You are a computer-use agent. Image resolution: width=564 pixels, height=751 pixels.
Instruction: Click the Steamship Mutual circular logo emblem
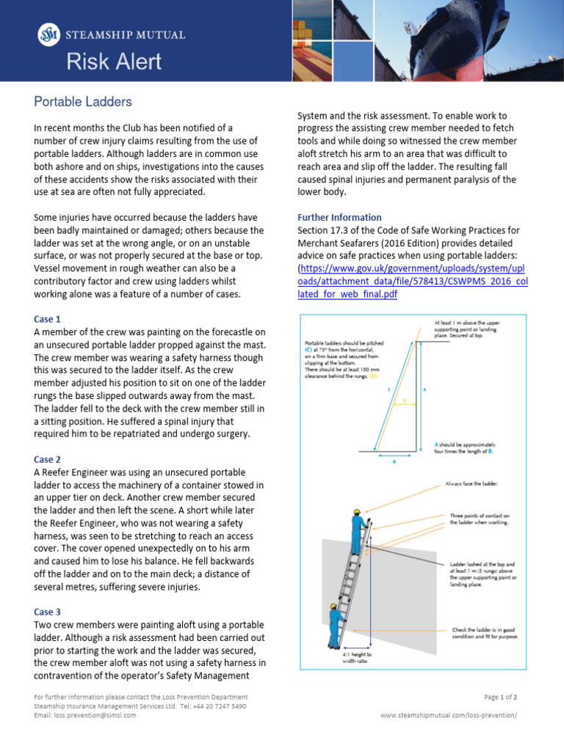point(48,34)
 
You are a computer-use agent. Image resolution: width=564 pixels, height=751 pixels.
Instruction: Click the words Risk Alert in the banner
point(114,62)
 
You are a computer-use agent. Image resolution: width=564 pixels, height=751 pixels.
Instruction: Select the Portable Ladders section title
point(83,102)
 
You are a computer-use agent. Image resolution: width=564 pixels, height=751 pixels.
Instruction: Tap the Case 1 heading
point(48,319)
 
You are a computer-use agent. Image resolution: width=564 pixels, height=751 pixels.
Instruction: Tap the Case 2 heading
point(48,459)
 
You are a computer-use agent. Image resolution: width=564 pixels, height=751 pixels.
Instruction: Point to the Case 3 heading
point(48,612)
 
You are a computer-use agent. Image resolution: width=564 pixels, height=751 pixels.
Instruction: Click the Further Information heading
point(339,217)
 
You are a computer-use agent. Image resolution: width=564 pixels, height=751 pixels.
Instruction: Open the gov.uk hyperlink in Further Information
point(412,281)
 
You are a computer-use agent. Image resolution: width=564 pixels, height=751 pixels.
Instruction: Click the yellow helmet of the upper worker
point(356,512)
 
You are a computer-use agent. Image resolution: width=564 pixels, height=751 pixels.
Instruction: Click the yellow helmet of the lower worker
point(335,607)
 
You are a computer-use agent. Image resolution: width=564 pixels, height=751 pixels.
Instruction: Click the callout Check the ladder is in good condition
point(485,633)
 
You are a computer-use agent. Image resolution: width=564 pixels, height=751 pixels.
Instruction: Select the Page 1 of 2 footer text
point(501,697)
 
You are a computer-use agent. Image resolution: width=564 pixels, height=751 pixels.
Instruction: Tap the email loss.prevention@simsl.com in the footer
point(84,715)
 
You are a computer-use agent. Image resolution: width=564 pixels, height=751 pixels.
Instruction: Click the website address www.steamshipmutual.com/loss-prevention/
point(449,715)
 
